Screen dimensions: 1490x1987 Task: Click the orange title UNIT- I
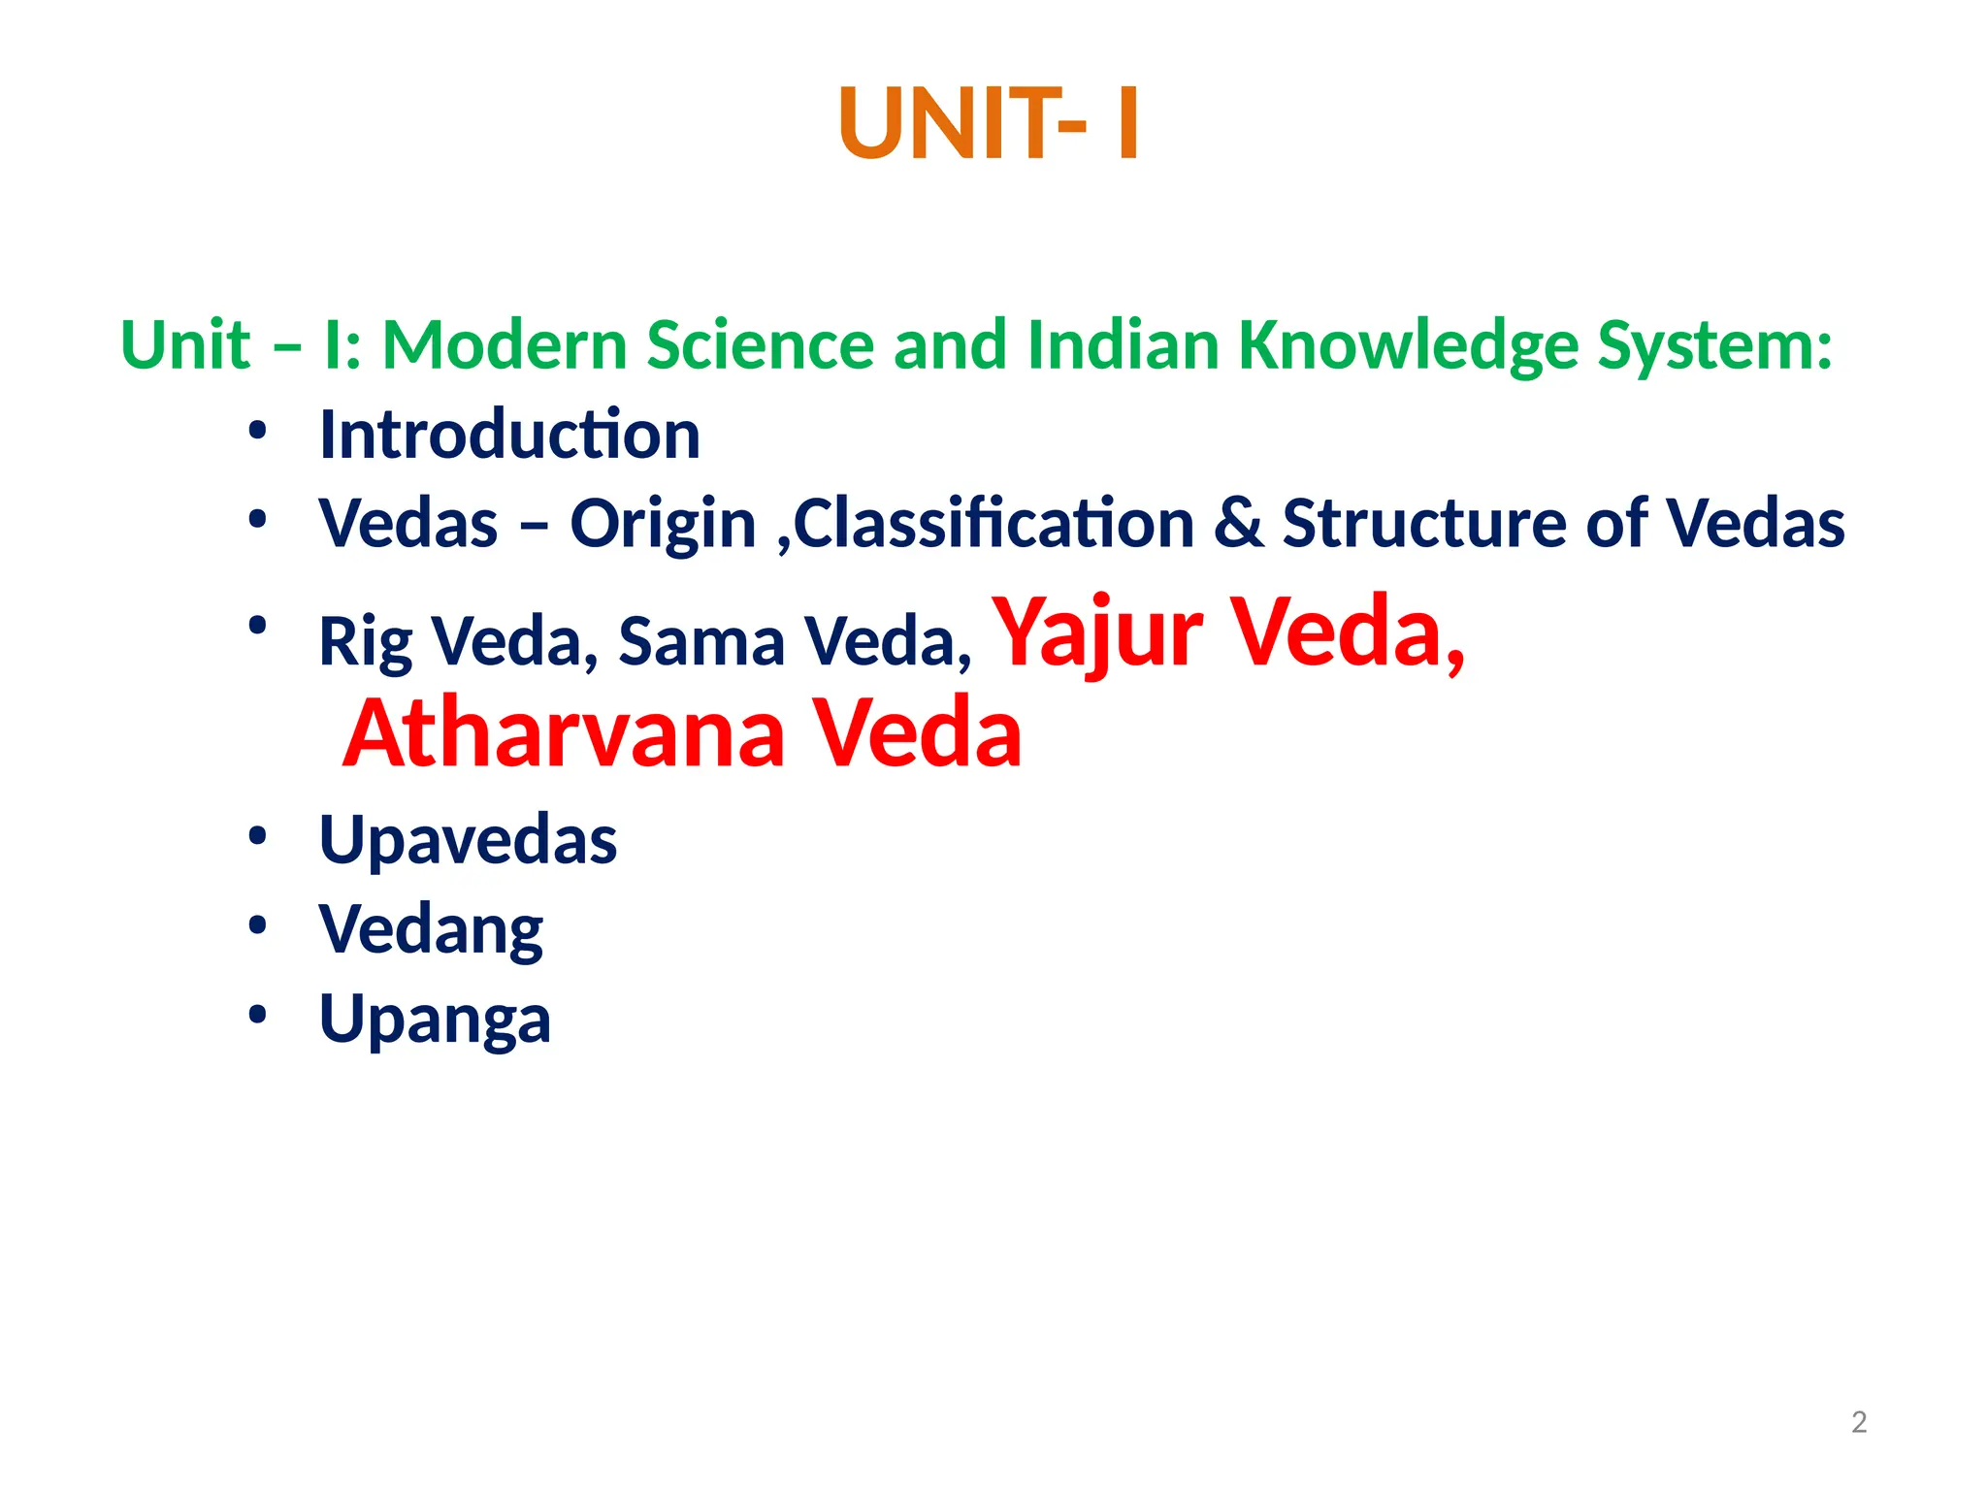click(x=989, y=124)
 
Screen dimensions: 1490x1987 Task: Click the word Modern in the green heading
click(x=505, y=345)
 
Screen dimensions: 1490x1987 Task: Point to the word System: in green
click(x=1714, y=347)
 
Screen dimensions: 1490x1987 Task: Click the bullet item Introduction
click(x=509, y=435)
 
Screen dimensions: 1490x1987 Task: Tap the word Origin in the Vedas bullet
click(x=663, y=525)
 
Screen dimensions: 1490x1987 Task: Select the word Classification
click(x=993, y=524)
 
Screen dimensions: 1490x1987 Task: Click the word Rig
click(x=365, y=642)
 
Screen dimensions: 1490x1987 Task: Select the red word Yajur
click(x=1096, y=632)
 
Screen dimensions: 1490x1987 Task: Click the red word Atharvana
click(x=564, y=733)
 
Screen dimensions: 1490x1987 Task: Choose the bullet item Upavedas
click(x=468, y=840)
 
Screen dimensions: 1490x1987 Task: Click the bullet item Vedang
click(x=431, y=930)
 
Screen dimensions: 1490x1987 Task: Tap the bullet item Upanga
click(x=435, y=1020)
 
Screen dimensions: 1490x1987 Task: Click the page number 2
click(x=1858, y=1422)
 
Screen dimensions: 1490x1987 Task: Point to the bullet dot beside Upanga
click(x=257, y=1015)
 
